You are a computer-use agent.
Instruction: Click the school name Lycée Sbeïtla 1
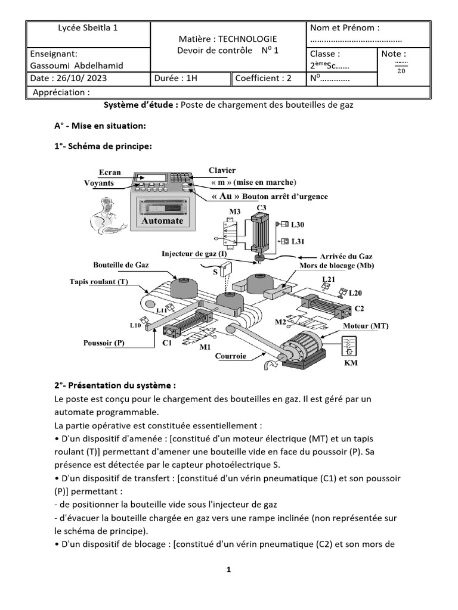(88, 27)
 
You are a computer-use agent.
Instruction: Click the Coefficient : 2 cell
(264, 78)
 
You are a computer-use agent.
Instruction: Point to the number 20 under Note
(401, 71)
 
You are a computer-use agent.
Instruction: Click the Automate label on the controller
(162, 220)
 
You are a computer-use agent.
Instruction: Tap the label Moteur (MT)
(365, 326)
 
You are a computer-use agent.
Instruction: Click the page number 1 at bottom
(228, 569)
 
